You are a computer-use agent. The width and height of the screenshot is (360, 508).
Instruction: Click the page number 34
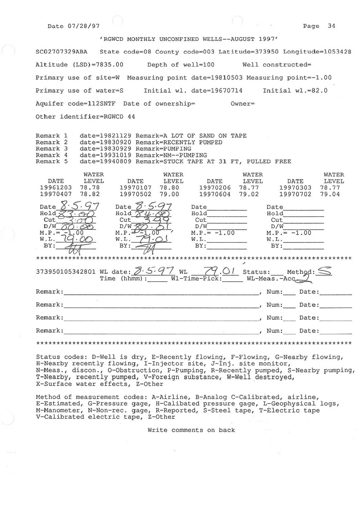[x=331, y=26]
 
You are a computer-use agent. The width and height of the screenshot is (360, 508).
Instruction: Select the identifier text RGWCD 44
[x=118, y=117]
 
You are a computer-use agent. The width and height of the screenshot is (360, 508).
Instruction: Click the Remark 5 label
[x=52, y=162]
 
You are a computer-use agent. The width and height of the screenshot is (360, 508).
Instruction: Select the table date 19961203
[x=55, y=188]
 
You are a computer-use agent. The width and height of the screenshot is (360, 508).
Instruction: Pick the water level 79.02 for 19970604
[x=249, y=195]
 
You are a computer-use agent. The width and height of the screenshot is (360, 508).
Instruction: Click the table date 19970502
[x=136, y=195]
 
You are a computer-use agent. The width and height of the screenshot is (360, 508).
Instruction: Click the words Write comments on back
[x=191, y=430]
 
